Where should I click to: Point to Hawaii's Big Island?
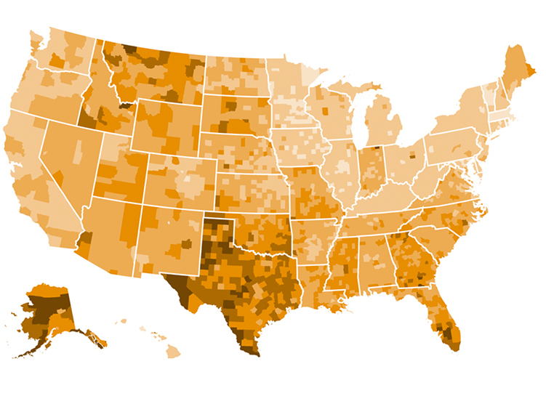[172, 352]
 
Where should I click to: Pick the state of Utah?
[116, 171]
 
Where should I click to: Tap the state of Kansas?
[251, 192]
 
